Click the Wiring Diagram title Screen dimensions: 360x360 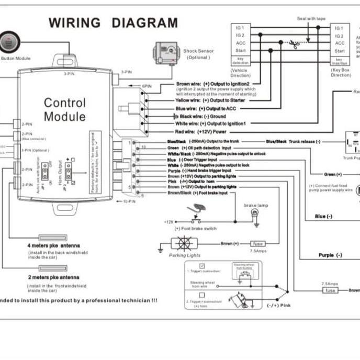click(113, 23)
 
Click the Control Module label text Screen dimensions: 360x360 click(64, 109)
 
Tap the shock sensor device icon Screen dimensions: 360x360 click(164, 54)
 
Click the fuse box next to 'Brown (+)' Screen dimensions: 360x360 click(258, 244)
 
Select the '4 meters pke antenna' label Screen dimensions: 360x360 click(54, 245)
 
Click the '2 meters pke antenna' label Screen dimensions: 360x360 click(53, 277)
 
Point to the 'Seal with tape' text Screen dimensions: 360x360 click(311, 18)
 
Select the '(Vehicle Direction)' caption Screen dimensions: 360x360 click(240, 72)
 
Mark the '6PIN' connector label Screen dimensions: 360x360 click(147, 85)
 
